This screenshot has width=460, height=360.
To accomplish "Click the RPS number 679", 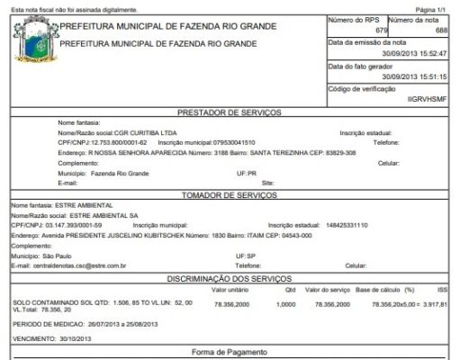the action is pos(381,31).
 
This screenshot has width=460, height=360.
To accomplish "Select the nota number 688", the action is pos(441,31).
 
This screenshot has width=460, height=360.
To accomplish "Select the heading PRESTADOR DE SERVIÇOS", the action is pos(232,112).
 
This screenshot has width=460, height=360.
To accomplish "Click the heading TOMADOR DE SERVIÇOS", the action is pos(232,194).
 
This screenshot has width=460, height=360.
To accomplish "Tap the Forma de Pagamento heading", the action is pos(231,352).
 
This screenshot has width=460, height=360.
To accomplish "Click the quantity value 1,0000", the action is pos(285,305).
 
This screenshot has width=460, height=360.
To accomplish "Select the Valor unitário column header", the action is pos(230,291).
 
